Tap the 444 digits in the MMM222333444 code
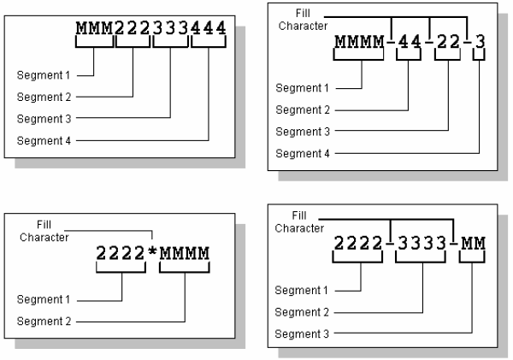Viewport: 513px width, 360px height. (209, 29)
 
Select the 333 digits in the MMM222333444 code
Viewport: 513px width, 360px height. (170, 29)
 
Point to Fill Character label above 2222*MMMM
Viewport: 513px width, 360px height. (44, 231)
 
